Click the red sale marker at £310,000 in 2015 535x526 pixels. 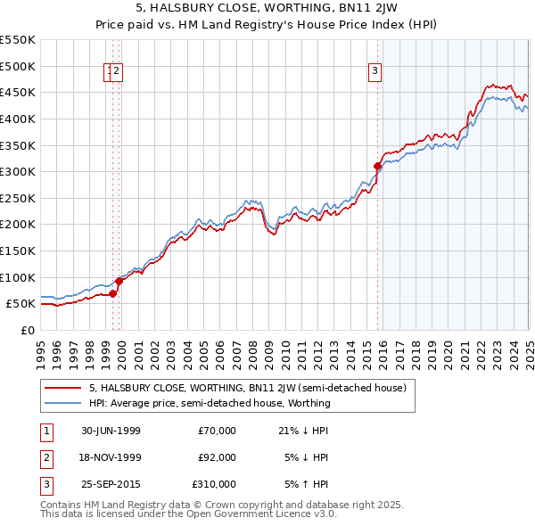pos(377,166)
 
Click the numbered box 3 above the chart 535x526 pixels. pos(375,72)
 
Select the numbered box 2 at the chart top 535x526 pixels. pos(117,72)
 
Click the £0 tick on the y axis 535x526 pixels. pos(27,330)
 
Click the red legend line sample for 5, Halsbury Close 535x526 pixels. pos(63,388)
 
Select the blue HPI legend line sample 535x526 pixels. pos(63,403)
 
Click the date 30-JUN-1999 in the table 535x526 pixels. pos(111,431)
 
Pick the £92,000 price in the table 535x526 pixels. pos(217,457)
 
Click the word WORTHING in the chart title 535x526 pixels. pos(283,10)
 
